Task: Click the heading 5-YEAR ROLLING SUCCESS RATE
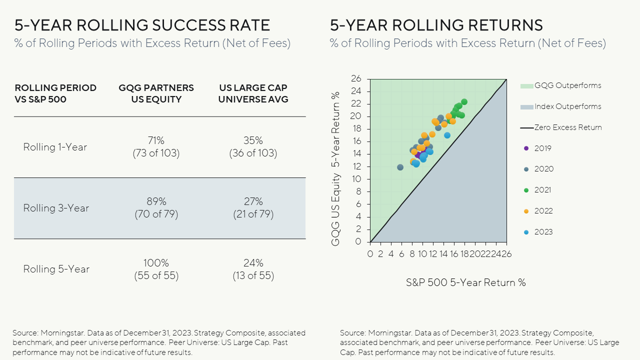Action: (142, 25)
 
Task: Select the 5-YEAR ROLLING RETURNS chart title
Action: (436, 25)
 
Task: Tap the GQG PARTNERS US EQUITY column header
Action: (156, 93)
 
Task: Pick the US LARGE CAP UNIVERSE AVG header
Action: (253, 93)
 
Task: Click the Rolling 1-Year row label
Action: (55, 147)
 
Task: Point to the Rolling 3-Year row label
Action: (56, 208)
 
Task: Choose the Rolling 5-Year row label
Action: (56, 269)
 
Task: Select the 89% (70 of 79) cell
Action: (156, 208)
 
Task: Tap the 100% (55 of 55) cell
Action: (156, 269)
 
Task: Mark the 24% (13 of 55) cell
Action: (253, 269)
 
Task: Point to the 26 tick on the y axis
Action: (356, 79)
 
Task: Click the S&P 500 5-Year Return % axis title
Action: (465, 282)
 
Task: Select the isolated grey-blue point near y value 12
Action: (400, 167)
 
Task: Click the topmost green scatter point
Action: (464, 102)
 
